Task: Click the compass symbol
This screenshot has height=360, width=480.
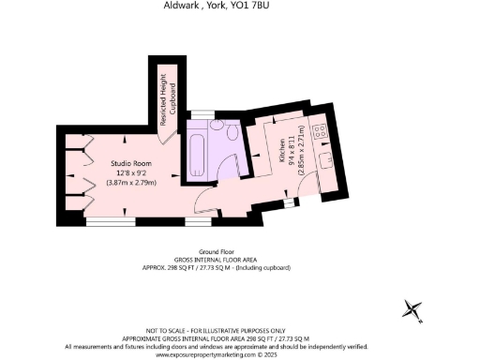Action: point(412,308)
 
